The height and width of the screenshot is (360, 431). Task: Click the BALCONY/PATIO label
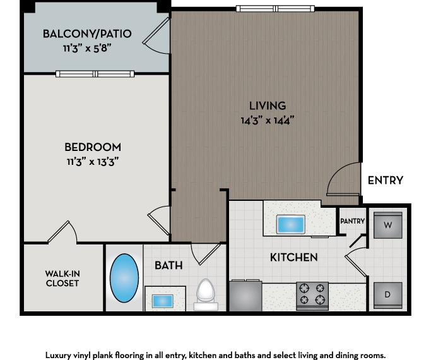click(87, 33)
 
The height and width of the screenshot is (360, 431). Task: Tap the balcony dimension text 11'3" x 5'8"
click(87, 47)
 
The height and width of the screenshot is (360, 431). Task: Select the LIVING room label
click(267, 105)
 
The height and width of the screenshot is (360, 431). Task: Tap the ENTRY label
click(385, 180)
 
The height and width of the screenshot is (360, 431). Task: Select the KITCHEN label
click(293, 257)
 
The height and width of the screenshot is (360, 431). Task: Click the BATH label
click(168, 265)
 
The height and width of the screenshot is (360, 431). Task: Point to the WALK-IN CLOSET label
click(62, 278)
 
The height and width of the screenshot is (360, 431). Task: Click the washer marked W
click(387, 225)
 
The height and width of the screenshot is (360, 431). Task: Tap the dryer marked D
click(387, 295)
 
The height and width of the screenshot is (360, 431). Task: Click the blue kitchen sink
click(290, 224)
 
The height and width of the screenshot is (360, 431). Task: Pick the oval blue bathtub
click(124, 278)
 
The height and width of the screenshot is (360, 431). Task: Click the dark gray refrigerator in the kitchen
click(245, 296)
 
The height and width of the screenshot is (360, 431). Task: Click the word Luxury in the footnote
click(59, 355)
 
